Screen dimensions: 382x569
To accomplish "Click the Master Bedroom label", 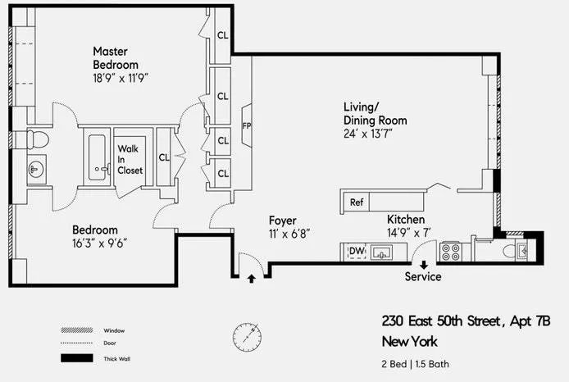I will [x=115, y=57].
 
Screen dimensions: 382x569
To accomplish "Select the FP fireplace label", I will [x=246, y=125].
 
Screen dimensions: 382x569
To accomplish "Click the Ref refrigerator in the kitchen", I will [x=357, y=202].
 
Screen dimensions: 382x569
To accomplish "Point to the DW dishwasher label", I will [x=357, y=251].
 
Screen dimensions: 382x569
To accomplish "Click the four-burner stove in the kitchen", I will [x=452, y=251].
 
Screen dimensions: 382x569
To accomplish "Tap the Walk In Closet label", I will [x=130, y=160].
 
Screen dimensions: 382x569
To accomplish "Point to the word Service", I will [x=423, y=277].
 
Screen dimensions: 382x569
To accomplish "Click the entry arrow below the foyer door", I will [x=251, y=279].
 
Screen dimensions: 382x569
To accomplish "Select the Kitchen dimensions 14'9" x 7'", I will [x=407, y=233].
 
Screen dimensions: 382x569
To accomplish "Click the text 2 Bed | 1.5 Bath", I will [x=415, y=363].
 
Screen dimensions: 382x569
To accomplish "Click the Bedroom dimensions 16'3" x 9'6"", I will [x=99, y=243].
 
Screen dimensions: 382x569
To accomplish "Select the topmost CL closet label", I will [x=223, y=34].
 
